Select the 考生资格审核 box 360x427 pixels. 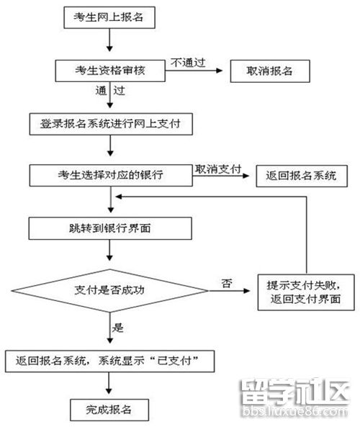(x=109, y=70)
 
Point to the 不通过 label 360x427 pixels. (x=188, y=63)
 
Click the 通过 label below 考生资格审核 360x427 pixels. (x=110, y=92)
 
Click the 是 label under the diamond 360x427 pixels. (x=119, y=327)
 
